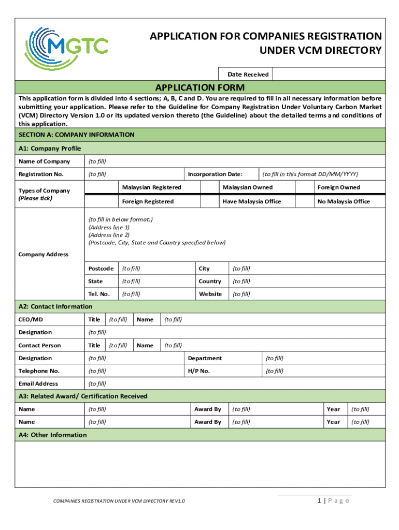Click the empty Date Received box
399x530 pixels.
328,74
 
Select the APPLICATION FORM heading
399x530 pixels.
200,87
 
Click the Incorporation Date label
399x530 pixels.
215,174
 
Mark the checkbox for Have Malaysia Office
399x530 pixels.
209,201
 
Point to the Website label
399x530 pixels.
210,294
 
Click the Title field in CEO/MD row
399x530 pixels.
119,319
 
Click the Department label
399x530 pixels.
205,358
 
